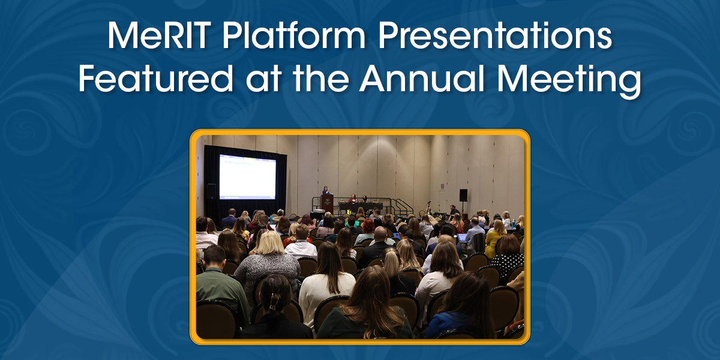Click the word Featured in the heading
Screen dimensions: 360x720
pyautogui.click(x=157, y=80)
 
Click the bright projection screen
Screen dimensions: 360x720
pyautogui.click(x=247, y=176)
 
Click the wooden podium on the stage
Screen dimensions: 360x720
pyautogui.click(x=327, y=203)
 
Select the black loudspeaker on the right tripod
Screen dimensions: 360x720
pyautogui.click(x=463, y=195)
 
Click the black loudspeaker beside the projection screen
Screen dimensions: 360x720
pyautogui.click(x=211, y=191)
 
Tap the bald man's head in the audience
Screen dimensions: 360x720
pyautogui.click(x=380, y=233)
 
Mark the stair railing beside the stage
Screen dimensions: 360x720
pyautogui.click(x=400, y=205)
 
